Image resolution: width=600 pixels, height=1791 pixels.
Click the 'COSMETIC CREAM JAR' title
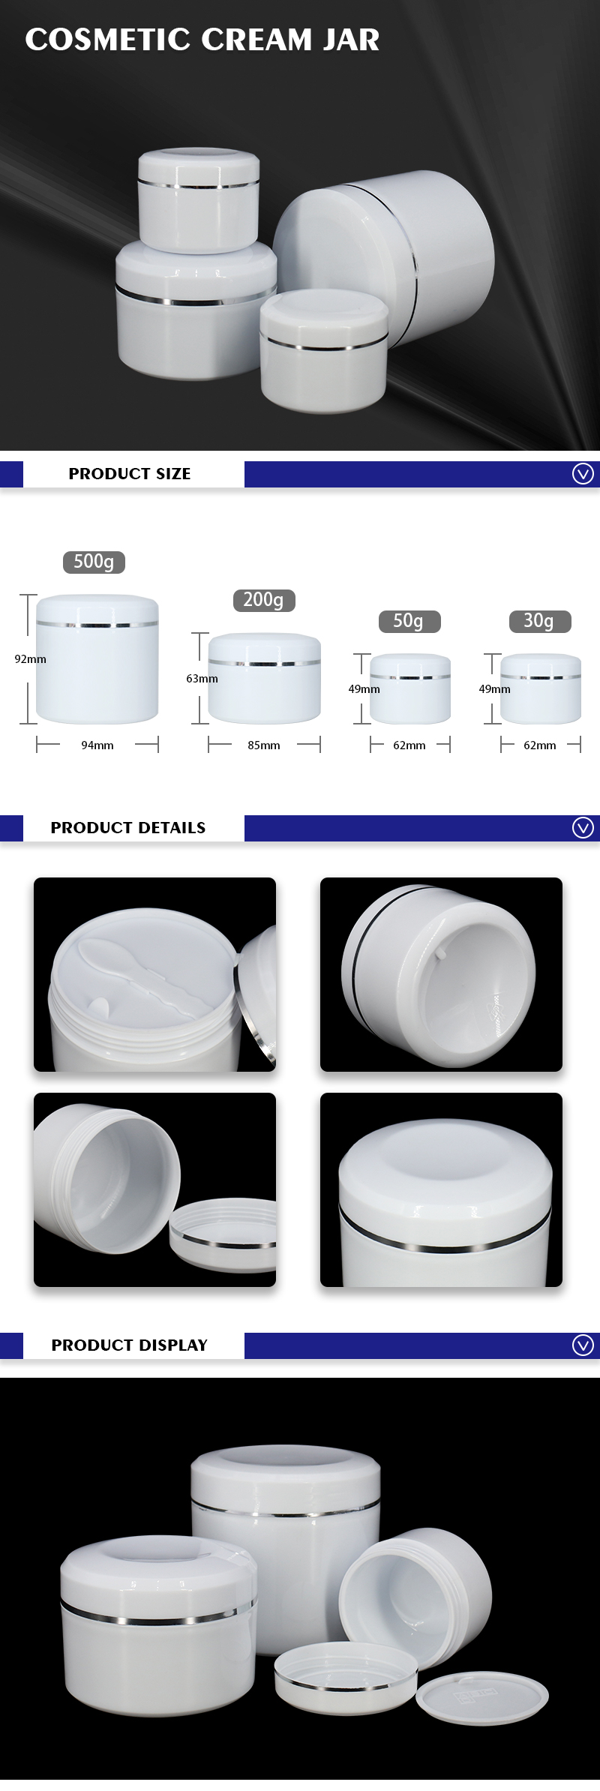click(x=202, y=40)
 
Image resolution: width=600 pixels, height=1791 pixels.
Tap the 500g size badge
click(x=94, y=562)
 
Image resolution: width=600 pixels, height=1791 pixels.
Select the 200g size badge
click(x=263, y=600)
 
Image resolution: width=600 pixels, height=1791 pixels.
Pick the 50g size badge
click(x=408, y=621)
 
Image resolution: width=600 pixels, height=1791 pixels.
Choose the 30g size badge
click(x=538, y=621)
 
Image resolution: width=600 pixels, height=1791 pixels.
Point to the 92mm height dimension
click(x=30, y=659)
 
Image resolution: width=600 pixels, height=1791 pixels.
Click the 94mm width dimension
click(x=97, y=745)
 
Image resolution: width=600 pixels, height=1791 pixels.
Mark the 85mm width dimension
click(x=264, y=745)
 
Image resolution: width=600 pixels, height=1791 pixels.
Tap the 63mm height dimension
click(x=202, y=679)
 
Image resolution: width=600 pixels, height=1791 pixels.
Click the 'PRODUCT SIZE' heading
click(x=130, y=474)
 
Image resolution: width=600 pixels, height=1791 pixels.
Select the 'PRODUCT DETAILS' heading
click(x=128, y=828)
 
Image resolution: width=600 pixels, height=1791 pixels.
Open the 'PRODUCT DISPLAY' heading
click(x=130, y=1345)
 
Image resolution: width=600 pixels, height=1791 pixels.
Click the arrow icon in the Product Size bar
click(x=583, y=474)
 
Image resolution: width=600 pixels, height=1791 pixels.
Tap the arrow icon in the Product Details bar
click(x=583, y=827)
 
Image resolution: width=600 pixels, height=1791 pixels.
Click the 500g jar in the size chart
click(x=97, y=660)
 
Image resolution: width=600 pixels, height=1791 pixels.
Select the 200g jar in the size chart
click(x=264, y=679)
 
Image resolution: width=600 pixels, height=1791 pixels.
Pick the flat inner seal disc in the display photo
click(x=482, y=1699)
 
